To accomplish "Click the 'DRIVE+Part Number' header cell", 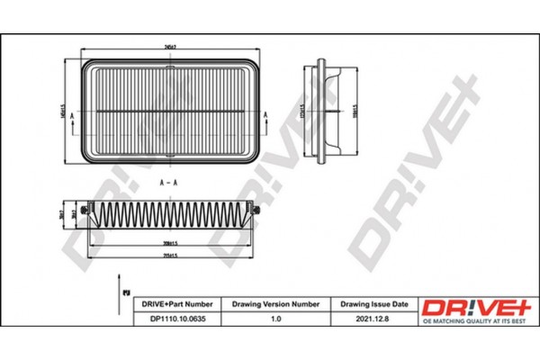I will click(178, 305).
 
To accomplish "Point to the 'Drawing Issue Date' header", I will click(376, 305).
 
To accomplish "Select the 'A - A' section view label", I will click(166, 184).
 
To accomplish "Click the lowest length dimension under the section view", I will click(167, 256).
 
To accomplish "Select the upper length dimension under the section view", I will click(167, 243).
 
